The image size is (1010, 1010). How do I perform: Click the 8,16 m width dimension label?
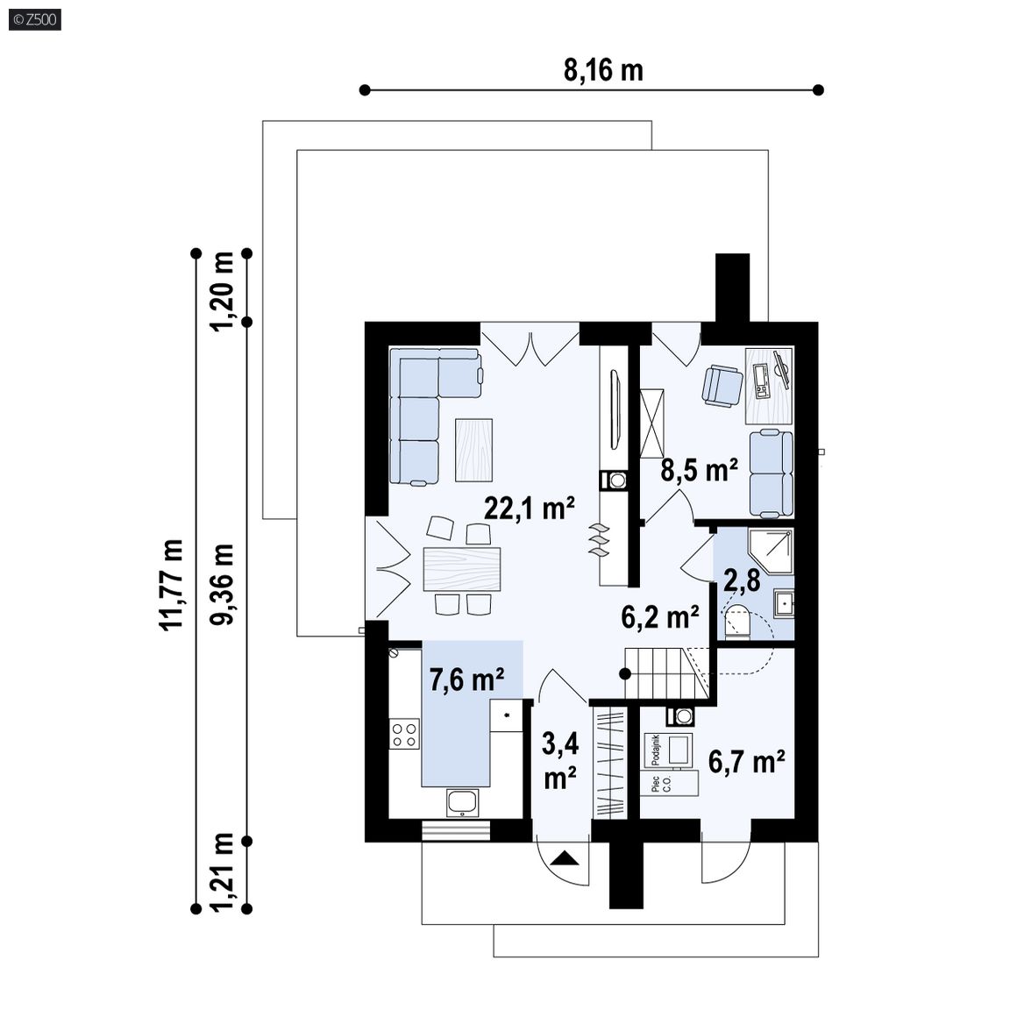[603, 69]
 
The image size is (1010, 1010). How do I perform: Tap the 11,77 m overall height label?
[171, 585]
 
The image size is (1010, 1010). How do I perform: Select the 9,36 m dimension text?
[222, 584]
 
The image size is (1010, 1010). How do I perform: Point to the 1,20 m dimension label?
[222, 291]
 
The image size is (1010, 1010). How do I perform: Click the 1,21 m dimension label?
[222, 873]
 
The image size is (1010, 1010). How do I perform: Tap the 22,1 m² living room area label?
[529, 509]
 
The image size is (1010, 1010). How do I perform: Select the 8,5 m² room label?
[699, 470]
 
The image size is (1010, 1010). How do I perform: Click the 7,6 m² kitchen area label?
[466, 679]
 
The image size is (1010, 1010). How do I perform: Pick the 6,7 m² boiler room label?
[747, 762]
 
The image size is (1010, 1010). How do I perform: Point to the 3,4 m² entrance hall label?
[559, 761]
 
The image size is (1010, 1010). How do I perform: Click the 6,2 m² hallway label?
[660, 617]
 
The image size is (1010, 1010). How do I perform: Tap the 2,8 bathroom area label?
[742, 580]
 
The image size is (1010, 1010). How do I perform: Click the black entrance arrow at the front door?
[565, 857]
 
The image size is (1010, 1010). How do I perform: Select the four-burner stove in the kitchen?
[404, 735]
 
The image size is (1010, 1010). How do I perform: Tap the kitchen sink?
[462, 803]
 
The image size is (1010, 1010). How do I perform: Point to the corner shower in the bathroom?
[771, 552]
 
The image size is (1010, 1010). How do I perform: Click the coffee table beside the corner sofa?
[474, 450]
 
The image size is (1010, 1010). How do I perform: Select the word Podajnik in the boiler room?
[657, 750]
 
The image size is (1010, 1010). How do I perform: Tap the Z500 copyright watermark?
[35, 20]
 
